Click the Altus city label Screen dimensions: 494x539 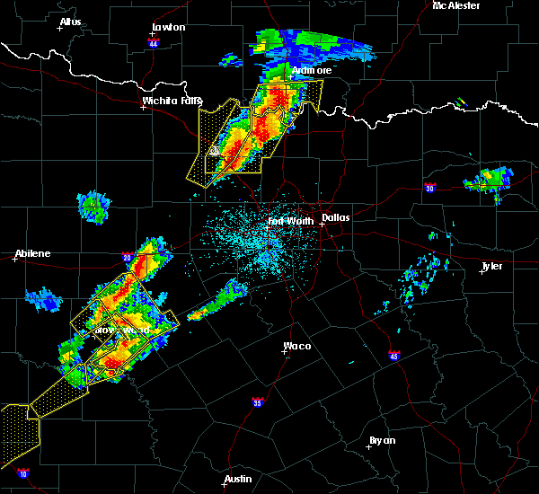click(x=70, y=22)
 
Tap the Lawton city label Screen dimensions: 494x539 click(x=168, y=27)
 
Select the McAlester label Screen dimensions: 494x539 click(x=455, y=5)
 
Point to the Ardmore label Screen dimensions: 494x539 click(x=312, y=70)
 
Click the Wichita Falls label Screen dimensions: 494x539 click(x=172, y=101)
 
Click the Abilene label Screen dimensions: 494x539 click(x=32, y=253)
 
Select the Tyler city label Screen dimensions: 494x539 click(x=491, y=266)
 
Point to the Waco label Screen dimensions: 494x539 click(x=297, y=346)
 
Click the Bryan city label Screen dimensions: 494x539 click(x=382, y=440)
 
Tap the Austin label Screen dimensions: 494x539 click(x=238, y=479)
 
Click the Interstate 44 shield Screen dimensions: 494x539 click(x=154, y=43)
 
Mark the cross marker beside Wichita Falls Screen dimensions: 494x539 click(x=143, y=108)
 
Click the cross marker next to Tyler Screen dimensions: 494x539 click(x=482, y=272)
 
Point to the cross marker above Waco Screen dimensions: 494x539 click(x=285, y=352)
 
